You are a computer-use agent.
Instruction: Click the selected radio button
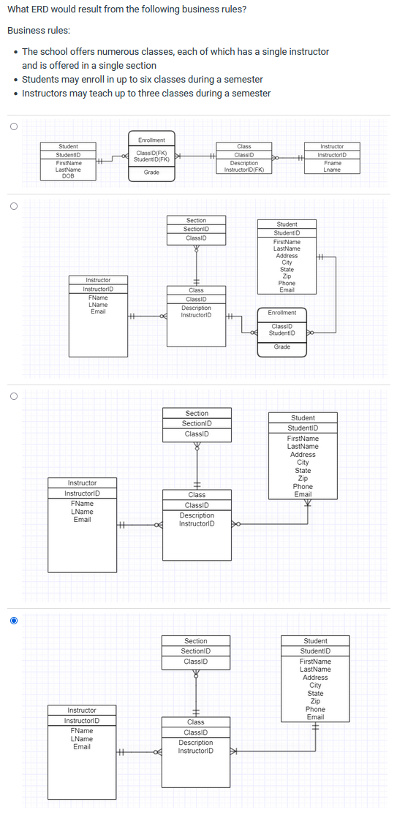tap(13, 621)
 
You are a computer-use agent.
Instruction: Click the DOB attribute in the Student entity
tap(69, 175)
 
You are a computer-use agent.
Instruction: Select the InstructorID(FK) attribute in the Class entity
tap(243, 170)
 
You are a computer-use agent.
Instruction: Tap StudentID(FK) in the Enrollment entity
tap(152, 159)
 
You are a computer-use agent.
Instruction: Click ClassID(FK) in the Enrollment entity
tap(151, 152)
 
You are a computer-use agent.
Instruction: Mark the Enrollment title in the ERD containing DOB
tap(151, 140)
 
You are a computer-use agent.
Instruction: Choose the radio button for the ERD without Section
tap(13, 125)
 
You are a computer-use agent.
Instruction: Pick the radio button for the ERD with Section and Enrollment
tap(13, 207)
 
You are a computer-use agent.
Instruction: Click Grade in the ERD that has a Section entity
tap(281, 346)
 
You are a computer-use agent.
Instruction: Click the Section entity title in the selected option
tap(195, 641)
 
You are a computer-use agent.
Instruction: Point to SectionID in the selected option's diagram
tap(195, 651)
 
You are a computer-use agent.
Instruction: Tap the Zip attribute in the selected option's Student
tap(315, 701)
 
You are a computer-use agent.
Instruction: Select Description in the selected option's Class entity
tap(195, 743)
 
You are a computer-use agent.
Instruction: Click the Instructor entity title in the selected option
tap(81, 711)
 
